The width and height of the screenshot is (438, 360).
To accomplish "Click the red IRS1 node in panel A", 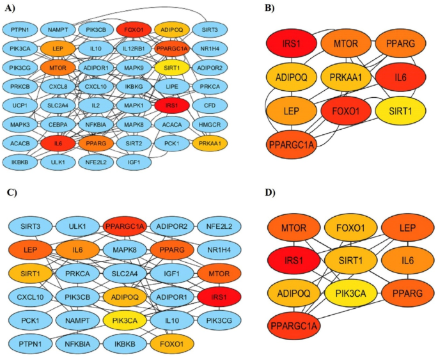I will tap(171, 104).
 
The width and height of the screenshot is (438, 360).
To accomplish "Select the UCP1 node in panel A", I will tap(19, 104).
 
